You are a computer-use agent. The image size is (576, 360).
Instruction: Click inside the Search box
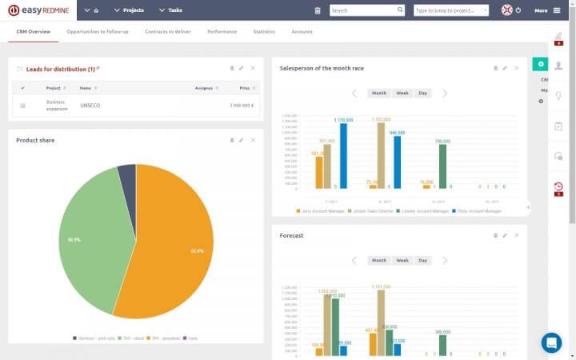(x=364, y=10)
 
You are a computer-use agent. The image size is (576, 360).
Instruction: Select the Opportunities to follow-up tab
(x=98, y=31)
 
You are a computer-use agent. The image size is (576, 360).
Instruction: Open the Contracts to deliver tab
(x=168, y=31)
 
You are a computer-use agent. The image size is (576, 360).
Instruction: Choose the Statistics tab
(x=264, y=31)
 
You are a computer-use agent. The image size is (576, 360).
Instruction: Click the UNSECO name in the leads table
(x=90, y=105)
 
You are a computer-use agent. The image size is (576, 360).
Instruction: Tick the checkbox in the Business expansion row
(x=22, y=105)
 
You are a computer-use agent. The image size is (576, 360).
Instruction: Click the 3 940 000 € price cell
(x=242, y=105)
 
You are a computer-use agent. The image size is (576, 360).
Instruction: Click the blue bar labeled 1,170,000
(x=343, y=156)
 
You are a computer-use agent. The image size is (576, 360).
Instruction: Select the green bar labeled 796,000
(x=442, y=166)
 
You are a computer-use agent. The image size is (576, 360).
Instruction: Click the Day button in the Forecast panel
(x=422, y=260)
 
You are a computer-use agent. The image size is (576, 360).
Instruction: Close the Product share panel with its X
(x=253, y=140)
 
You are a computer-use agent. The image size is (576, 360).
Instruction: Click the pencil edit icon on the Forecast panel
(x=505, y=235)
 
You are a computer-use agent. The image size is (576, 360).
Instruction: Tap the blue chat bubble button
(x=551, y=342)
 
